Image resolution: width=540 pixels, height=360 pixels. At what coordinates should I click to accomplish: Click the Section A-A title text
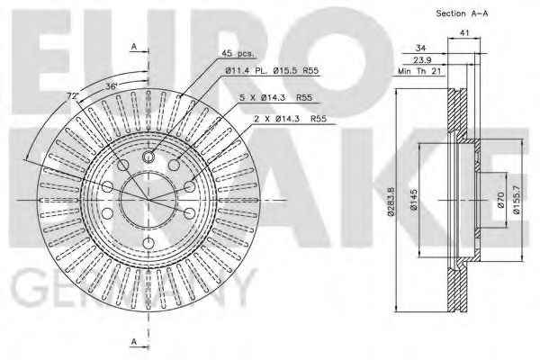pyautogui.click(x=463, y=13)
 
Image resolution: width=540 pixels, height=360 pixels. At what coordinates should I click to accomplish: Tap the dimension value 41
pyautogui.click(x=465, y=33)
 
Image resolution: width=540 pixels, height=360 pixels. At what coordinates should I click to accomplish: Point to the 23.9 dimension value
pyautogui.click(x=422, y=61)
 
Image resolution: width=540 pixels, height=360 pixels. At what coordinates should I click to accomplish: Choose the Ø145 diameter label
pyautogui.click(x=415, y=203)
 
